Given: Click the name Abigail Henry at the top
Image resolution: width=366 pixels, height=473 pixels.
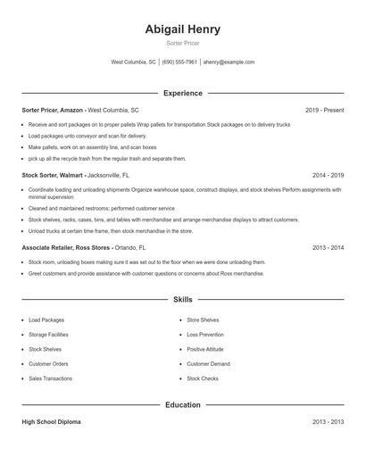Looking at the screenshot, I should coord(182,29).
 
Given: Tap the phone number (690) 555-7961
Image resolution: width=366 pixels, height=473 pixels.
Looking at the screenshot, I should coord(179,62).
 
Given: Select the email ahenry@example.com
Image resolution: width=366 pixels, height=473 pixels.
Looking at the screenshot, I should coord(229,62).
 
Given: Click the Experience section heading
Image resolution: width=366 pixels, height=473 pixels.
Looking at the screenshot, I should coord(182,93).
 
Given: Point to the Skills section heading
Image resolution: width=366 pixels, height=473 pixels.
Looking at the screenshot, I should coord(182,300).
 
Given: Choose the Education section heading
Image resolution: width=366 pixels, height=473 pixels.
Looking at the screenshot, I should coord(182,405).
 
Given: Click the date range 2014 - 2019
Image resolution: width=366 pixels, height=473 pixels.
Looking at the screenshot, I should coord(328,176).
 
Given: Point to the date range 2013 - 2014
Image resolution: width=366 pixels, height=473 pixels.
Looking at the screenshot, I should coord(328,247).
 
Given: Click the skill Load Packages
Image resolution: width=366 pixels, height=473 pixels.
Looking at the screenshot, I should coord(46,319).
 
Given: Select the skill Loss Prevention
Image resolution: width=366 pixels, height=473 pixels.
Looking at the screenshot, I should coord(205,334).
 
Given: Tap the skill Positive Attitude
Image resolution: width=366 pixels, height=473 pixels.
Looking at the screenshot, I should coord(205,349).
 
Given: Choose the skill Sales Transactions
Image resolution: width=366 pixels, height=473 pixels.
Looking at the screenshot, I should coord(51,378).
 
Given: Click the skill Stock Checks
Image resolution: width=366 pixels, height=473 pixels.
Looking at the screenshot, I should coord(203,378).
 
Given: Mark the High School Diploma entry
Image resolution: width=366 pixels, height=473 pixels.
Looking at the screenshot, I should coord(52,421).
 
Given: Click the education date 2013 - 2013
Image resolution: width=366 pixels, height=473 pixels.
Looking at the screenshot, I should coord(328,421).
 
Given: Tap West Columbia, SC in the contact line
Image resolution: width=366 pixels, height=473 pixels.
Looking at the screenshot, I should coord(133,62).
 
